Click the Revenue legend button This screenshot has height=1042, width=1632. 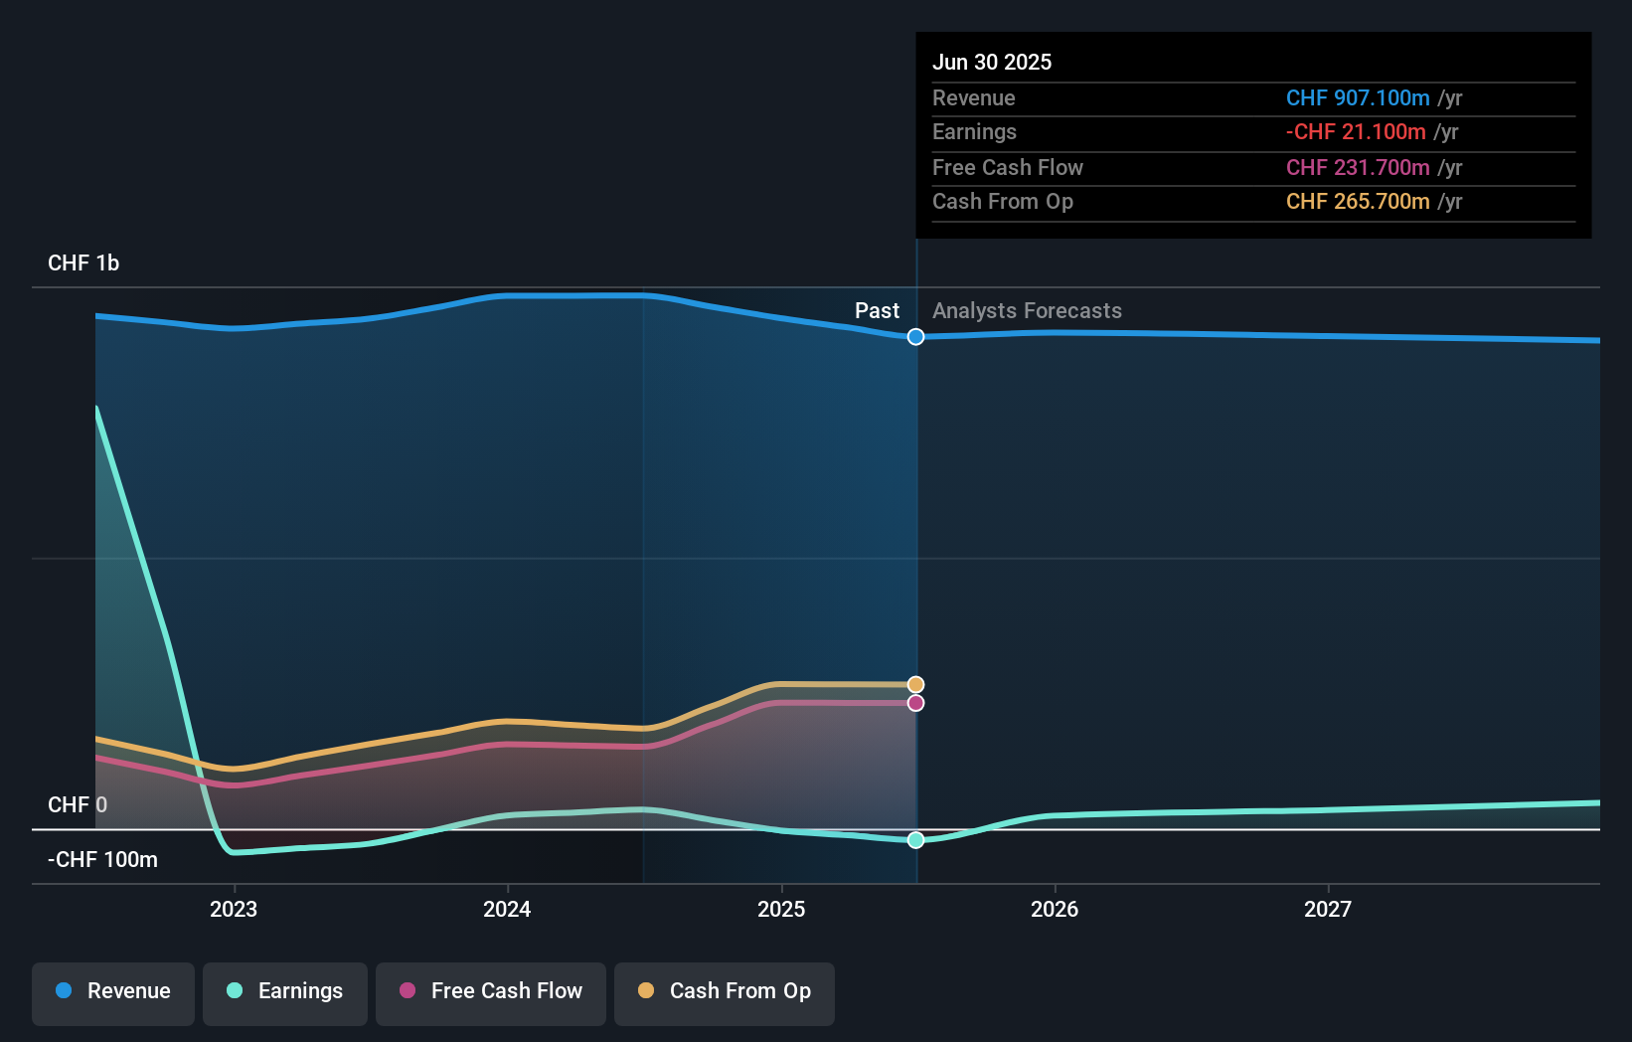tap(113, 991)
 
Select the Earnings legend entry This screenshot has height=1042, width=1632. tap(285, 991)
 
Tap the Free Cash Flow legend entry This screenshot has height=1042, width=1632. tap(491, 991)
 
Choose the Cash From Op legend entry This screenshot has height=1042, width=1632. tap(725, 991)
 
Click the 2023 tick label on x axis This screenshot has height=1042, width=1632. tap(234, 909)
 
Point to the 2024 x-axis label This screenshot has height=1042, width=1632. tap(507, 909)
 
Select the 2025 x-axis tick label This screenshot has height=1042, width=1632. tap(781, 909)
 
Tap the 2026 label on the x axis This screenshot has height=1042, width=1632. tap(1055, 909)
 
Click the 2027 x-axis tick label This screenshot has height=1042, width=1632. tap(1328, 909)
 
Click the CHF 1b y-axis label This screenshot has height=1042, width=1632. tap(83, 263)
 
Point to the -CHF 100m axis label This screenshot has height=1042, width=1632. tap(102, 859)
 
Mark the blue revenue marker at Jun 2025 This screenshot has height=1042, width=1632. tap(915, 337)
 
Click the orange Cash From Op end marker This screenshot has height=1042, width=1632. tap(915, 685)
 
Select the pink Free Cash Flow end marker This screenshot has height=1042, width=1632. tap(915, 703)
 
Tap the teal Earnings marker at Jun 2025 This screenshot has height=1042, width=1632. tap(915, 840)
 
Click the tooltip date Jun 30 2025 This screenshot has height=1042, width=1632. tap(991, 62)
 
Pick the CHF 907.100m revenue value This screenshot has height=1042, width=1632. tap(1358, 97)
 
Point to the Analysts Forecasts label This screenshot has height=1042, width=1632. tap(1027, 311)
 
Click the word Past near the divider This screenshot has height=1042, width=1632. tap(877, 311)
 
